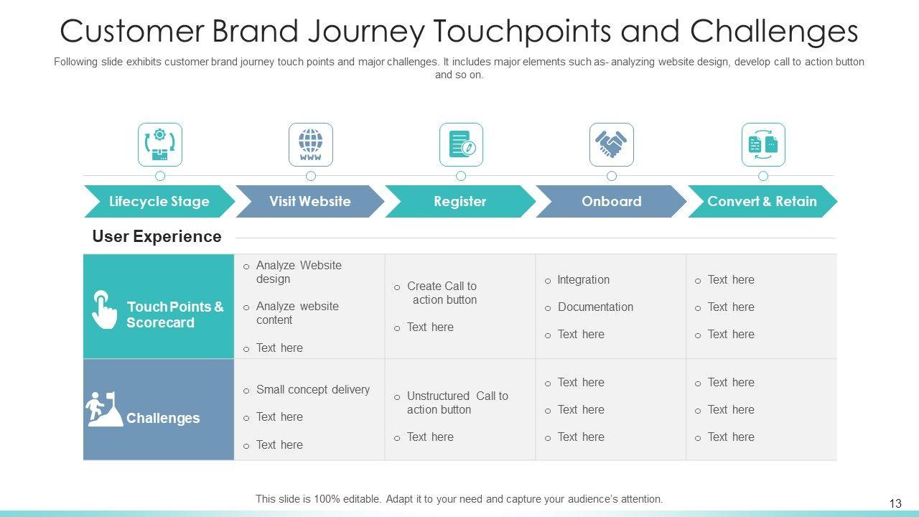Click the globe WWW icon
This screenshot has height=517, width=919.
click(x=311, y=144)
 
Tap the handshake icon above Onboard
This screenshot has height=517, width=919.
click(x=611, y=144)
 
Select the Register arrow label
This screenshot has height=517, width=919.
click(x=460, y=202)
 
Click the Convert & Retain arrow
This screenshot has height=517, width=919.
click(x=762, y=202)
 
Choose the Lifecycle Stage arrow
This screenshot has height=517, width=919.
click(x=159, y=202)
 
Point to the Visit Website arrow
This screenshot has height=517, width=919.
click(x=309, y=202)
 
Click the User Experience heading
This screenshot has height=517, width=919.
click(x=157, y=236)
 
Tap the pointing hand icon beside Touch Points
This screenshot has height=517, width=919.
click(x=104, y=309)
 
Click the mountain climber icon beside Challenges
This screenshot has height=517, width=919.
click(x=104, y=409)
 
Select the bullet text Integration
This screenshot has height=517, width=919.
click(x=583, y=280)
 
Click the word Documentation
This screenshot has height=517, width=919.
click(x=595, y=307)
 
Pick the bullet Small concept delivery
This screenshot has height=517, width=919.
click(x=313, y=389)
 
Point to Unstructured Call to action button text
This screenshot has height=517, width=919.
click(x=457, y=403)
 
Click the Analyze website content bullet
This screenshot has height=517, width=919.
click(x=297, y=313)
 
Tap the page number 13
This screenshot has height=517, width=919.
click(x=895, y=503)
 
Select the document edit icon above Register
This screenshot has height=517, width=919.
click(x=462, y=144)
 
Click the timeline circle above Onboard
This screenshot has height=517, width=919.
click(x=611, y=176)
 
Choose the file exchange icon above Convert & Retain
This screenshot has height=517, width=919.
click(x=763, y=144)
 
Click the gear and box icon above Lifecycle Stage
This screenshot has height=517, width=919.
click(x=159, y=144)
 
